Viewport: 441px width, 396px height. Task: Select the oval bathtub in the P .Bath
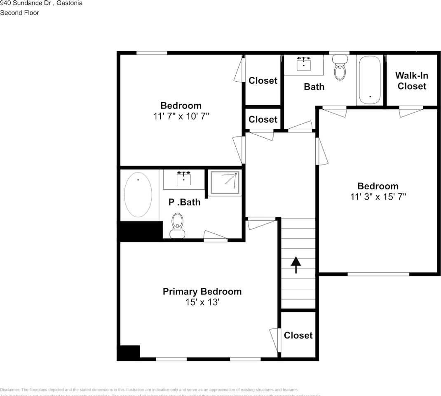138,195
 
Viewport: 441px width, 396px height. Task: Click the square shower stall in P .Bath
225,182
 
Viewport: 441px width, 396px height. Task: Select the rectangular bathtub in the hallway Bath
370,80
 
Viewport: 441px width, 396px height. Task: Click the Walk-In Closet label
412,81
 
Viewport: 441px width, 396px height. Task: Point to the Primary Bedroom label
202,292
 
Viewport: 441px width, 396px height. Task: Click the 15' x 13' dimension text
202,302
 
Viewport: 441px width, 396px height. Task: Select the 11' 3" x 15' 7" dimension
378,197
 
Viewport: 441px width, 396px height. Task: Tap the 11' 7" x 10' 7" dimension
181,116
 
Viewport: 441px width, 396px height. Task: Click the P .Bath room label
184,202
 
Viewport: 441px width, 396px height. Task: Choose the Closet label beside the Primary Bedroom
298,335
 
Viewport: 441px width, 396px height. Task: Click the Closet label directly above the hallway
263,119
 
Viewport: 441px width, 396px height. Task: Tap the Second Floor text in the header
19,13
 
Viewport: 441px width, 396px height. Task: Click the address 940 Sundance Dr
25,3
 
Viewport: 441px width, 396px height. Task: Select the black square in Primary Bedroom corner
129,352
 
